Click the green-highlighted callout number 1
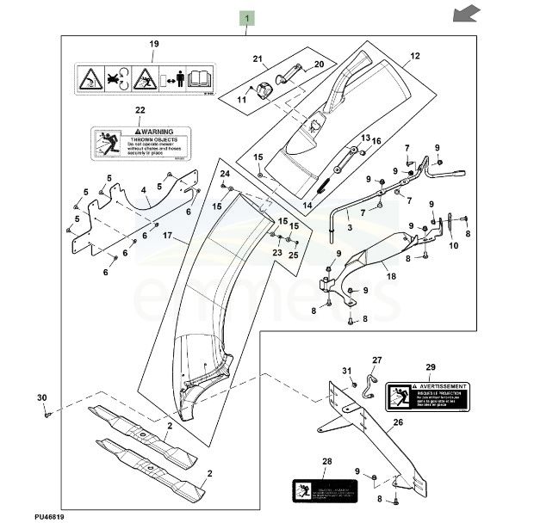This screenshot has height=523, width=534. click(x=247, y=18)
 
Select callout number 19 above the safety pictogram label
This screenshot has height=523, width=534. click(x=154, y=44)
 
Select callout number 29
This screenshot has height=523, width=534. click(x=431, y=367)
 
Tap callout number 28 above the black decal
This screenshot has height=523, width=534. click(x=326, y=462)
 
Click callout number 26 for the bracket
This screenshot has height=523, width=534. click(x=398, y=422)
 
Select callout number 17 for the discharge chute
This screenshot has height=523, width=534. click(x=168, y=235)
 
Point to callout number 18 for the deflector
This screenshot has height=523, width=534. click(x=391, y=277)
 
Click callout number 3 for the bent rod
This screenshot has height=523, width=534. click(x=350, y=227)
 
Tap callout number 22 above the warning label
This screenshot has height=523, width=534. click(x=140, y=111)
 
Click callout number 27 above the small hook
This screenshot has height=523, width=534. click(x=376, y=360)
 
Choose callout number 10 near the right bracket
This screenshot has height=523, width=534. click(x=454, y=244)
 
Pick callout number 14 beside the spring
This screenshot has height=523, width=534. click(x=307, y=206)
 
